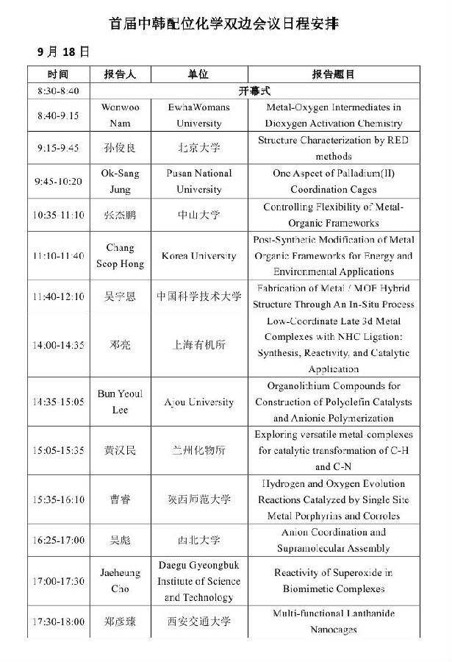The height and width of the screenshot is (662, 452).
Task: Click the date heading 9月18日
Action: (x=64, y=51)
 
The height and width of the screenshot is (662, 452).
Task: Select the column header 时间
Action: (x=58, y=74)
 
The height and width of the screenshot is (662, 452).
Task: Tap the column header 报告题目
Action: (x=333, y=74)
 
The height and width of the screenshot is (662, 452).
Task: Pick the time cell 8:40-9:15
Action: (x=58, y=115)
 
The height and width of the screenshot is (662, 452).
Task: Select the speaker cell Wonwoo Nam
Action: (x=120, y=115)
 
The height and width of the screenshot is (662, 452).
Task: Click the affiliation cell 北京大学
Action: (x=198, y=149)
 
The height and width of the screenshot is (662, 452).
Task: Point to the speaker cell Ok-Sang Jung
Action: (x=120, y=182)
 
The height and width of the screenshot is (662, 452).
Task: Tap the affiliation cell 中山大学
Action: (x=198, y=215)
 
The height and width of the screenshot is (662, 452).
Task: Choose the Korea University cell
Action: (x=198, y=256)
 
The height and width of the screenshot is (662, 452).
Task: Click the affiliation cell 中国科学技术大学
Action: (x=198, y=296)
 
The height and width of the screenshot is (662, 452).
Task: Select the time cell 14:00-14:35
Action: (x=58, y=344)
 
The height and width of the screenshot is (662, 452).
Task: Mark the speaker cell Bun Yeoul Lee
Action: (x=120, y=402)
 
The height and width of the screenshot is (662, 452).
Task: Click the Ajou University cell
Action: (x=198, y=402)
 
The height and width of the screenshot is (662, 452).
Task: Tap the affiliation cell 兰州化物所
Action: (x=198, y=450)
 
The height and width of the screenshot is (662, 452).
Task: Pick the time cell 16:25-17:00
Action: (x=58, y=541)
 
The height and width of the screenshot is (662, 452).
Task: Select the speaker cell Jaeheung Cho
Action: (x=120, y=581)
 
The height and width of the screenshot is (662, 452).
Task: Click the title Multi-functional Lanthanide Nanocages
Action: (x=333, y=622)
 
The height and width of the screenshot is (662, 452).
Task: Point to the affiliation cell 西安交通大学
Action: (x=198, y=622)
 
